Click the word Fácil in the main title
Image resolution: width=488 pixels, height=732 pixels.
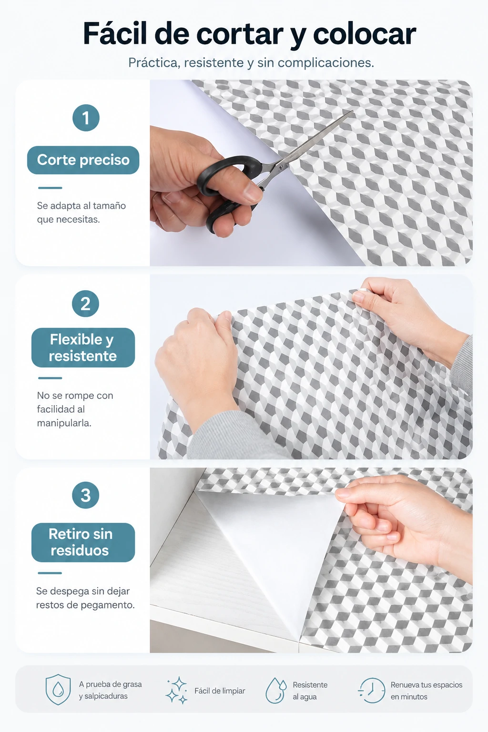(115, 33)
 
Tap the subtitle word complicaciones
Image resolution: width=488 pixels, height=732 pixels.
(325, 63)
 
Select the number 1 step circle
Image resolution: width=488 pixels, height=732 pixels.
(86, 118)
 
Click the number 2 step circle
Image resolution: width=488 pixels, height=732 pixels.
(85, 304)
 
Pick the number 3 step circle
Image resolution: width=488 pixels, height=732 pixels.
(85, 495)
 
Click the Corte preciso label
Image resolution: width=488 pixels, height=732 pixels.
(83, 160)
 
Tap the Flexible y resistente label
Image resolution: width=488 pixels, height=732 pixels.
(83, 348)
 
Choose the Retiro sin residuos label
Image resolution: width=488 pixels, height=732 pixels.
(83, 542)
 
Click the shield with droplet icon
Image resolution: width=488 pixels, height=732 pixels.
(58, 690)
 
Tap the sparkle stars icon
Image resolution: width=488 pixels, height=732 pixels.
(177, 690)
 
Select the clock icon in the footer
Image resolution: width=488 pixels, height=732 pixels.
(372, 690)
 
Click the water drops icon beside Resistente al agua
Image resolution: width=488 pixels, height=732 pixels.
(275, 690)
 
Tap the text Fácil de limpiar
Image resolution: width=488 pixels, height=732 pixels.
(220, 691)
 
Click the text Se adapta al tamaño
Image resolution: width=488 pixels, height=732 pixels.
(81, 206)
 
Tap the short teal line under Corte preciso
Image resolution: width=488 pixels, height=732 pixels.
(50, 188)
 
